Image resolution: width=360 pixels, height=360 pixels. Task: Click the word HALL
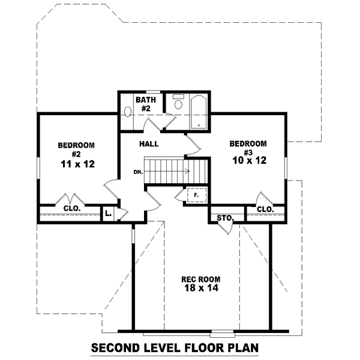coord(149,145)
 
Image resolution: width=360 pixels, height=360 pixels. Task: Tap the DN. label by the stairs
coord(139,172)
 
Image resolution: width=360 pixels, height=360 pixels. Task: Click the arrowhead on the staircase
coord(188,172)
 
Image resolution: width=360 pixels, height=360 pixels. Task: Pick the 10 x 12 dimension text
coord(248,161)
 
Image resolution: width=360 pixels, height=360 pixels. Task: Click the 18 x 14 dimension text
coord(200,289)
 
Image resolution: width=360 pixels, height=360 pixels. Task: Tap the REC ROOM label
coord(200,279)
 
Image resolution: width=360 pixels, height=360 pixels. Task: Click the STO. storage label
coord(224,217)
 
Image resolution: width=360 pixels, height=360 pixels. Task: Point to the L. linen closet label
coord(108,213)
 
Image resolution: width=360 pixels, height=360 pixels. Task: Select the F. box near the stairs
coord(196,196)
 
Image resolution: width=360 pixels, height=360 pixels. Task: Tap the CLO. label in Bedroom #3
coord(265,209)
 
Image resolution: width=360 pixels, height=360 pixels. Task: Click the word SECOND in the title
coord(116,348)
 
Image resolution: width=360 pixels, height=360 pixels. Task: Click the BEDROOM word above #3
coord(248,143)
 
